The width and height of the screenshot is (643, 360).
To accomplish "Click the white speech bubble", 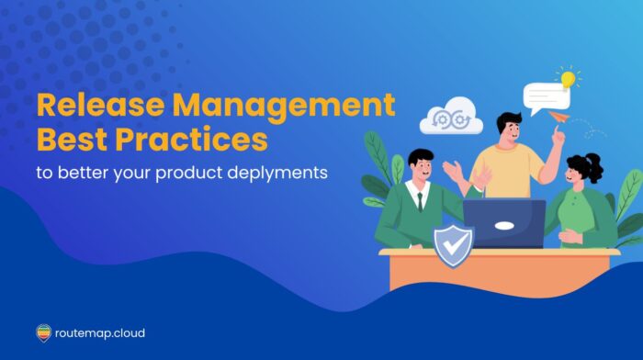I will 541,96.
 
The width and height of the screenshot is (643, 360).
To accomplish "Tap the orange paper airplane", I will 558,117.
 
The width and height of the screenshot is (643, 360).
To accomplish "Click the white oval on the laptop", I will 503,225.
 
